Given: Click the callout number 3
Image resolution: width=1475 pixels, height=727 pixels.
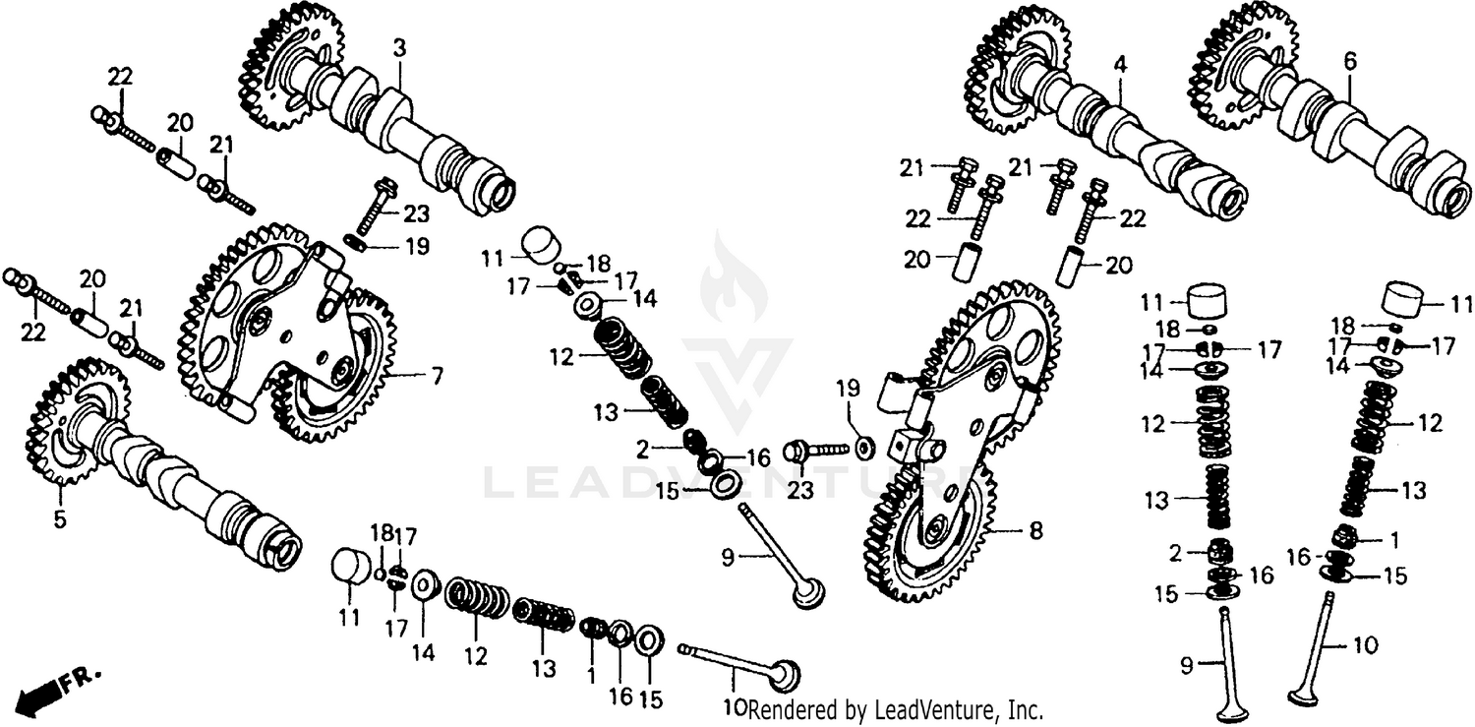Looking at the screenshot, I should [x=399, y=46].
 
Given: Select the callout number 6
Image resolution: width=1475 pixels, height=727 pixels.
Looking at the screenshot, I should [x=1350, y=61].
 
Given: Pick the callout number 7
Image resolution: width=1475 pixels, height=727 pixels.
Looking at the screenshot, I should [x=436, y=375].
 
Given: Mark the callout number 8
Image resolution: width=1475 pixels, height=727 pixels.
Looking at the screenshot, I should [x=1035, y=531].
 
